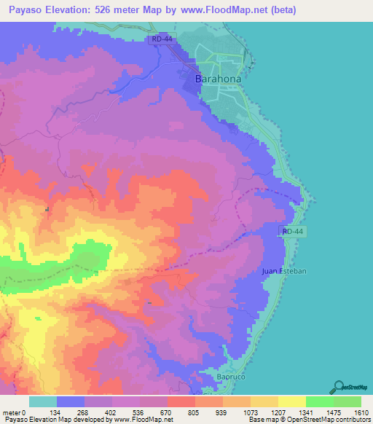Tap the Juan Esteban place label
coord(284,271)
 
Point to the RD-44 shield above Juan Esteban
coord(291,231)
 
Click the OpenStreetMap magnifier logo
coord(339,386)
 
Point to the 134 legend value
coord(70,412)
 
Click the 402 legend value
coord(125,412)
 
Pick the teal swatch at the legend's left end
coord(43,401)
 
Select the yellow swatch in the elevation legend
coord(292,401)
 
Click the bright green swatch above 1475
coord(320,401)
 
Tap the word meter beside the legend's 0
coord(11,412)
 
